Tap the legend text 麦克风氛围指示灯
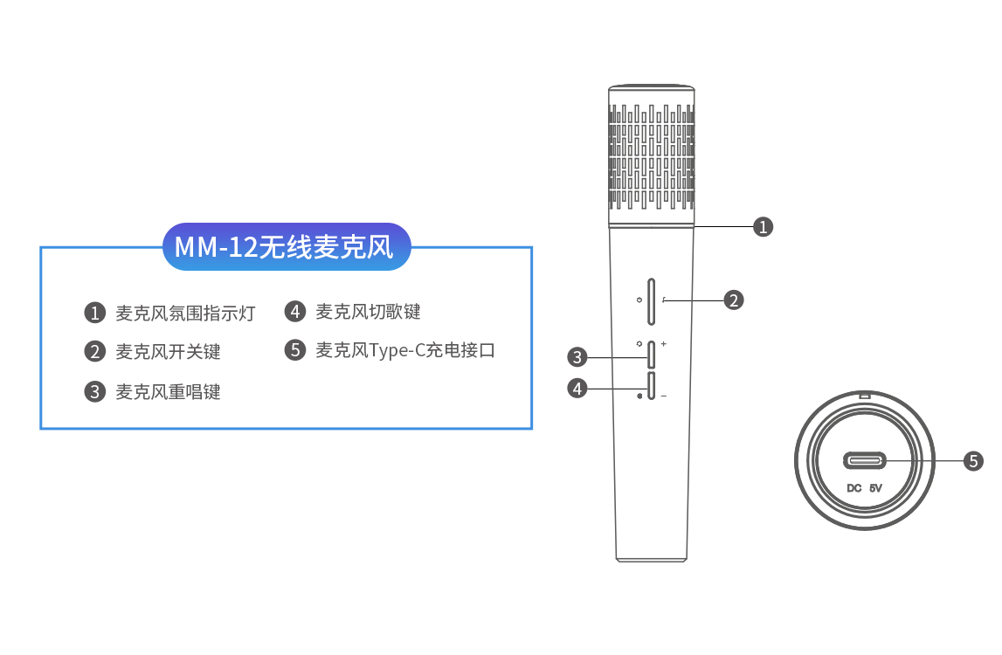(185, 313)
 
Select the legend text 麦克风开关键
(168, 352)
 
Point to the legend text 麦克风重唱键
(168, 392)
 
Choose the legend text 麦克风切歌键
(368, 312)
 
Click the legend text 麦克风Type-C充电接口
(405, 351)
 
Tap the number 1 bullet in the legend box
(94, 313)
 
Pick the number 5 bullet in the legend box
(295, 351)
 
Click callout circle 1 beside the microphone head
(764, 227)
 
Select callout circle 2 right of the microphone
(733, 300)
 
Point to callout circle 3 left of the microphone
(577, 356)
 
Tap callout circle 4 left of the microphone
(577, 388)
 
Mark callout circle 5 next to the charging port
(973, 460)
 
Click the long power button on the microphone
(652, 302)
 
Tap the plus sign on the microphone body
(664, 344)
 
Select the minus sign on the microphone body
(664, 396)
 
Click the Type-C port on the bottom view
(864, 460)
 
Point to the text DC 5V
(865, 488)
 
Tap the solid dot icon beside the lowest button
(640, 396)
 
